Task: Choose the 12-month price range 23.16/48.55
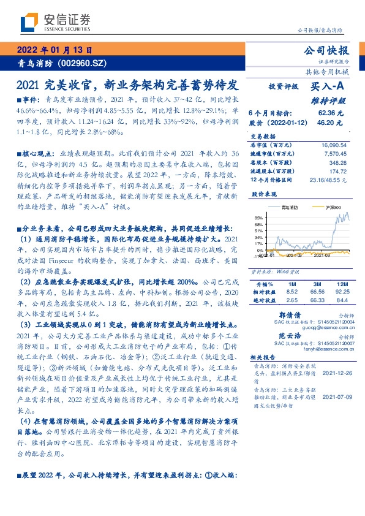(x=328, y=180)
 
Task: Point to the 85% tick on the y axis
(x=258, y=218)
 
